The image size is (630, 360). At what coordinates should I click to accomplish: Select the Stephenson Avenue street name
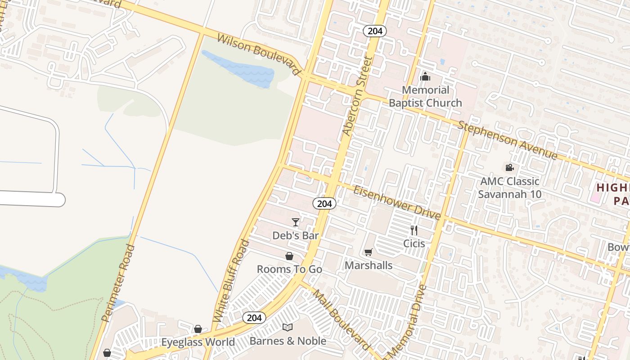click(508, 139)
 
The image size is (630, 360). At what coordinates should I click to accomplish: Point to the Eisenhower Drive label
click(396, 203)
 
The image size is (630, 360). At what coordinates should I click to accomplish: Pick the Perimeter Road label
click(118, 283)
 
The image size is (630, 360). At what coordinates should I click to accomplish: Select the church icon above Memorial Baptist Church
click(425, 76)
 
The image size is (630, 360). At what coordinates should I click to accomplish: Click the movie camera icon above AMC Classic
click(509, 168)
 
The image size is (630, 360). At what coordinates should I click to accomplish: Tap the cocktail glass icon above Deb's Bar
click(296, 222)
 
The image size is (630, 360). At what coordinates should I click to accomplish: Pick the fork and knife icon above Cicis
click(414, 230)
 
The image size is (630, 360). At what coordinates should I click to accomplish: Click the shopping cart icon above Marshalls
click(369, 252)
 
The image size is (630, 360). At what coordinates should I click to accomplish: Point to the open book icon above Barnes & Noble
click(288, 328)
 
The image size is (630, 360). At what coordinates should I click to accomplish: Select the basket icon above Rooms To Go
click(289, 256)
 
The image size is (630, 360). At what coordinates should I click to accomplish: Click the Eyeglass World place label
click(198, 342)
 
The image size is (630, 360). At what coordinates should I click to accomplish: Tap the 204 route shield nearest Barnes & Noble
click(254, 318)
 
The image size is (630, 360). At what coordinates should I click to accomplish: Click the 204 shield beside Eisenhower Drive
click(324, 203)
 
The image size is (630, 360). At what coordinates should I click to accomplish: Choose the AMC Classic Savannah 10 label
click(509, 188)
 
